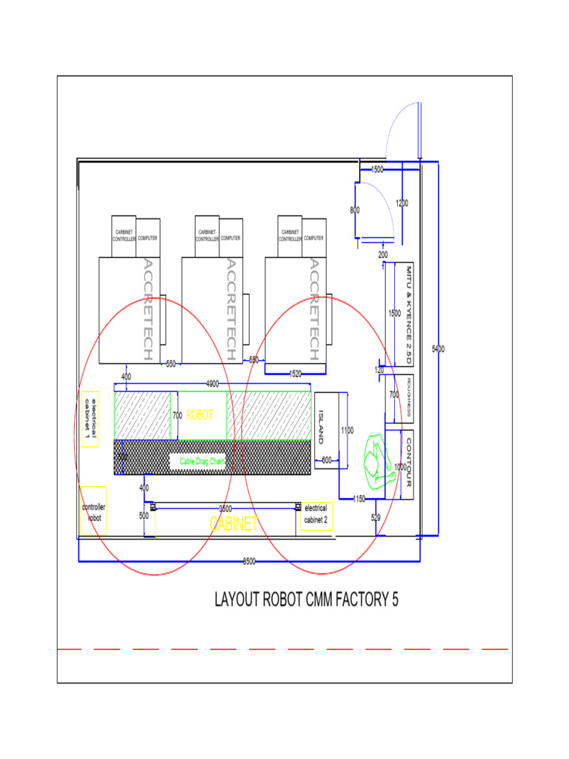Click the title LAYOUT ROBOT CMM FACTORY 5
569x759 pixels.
pos(306,600)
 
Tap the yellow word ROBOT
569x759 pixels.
pos(199,415)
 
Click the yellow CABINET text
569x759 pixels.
pos(234,524)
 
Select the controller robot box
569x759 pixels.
pos(93,511)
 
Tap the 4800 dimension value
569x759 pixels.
pos(212,384)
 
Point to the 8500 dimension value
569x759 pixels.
pos(250,561)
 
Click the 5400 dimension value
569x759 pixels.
pos(438,348)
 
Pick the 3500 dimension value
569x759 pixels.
pos(226,508)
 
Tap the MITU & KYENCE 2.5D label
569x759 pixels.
pos(407,314)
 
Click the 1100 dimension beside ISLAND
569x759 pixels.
pos(347,430)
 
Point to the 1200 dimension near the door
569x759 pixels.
pos(402,203)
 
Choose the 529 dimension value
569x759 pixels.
pos(376,518)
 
